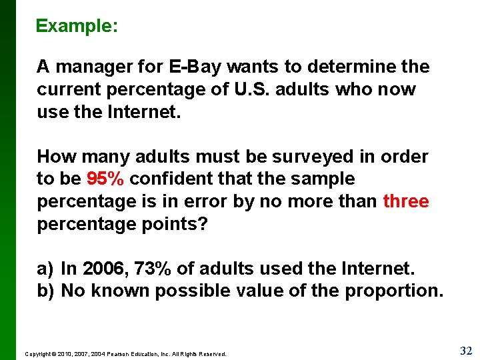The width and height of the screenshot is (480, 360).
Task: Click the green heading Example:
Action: click(77, 26)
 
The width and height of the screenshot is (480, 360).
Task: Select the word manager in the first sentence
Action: click(95, 67)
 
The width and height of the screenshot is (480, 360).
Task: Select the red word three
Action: click(405, 201)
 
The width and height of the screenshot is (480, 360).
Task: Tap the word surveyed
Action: click(307, 157)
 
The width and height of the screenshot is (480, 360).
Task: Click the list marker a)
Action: click(45, 269)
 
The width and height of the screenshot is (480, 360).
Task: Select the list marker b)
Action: click(45, 291)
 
